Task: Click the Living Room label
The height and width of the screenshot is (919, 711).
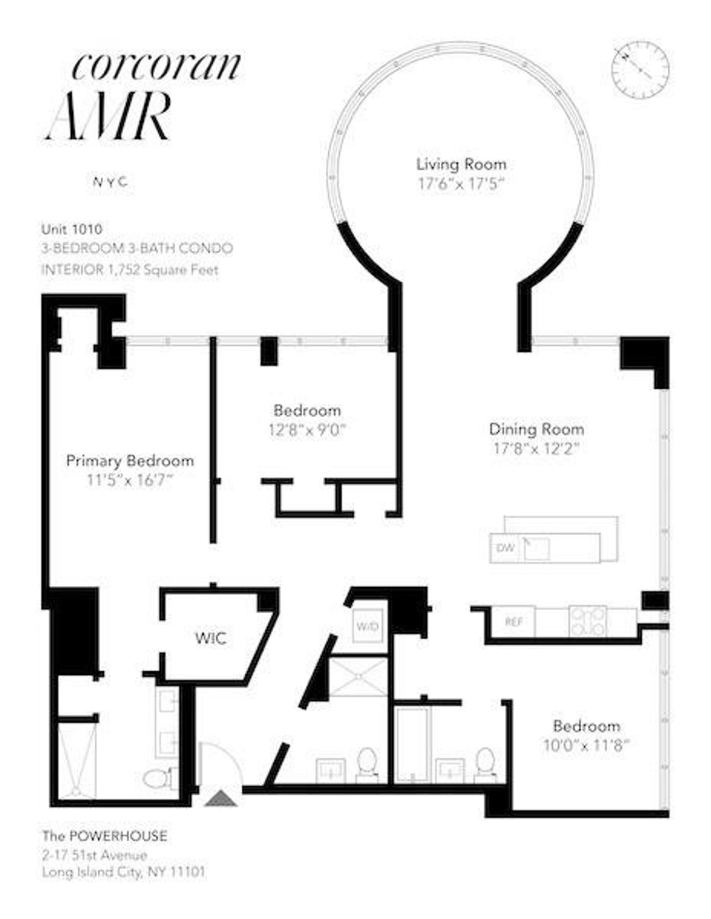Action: [x=461, y=164]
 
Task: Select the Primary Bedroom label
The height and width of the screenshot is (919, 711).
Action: [x=130, y=460]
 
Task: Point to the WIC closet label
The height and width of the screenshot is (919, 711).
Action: [x=210, y=638]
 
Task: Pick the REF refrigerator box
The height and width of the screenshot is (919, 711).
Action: [x=513, y=622]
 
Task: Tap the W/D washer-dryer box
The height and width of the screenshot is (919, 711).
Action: [x=367, y=626]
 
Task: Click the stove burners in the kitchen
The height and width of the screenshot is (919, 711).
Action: [x=587, y=622]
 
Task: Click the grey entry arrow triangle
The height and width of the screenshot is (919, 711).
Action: [x=220, y=799]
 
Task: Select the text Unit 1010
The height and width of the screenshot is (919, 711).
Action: [x=72, y=229]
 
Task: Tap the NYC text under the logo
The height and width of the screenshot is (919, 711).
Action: [x=110, y=182]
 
